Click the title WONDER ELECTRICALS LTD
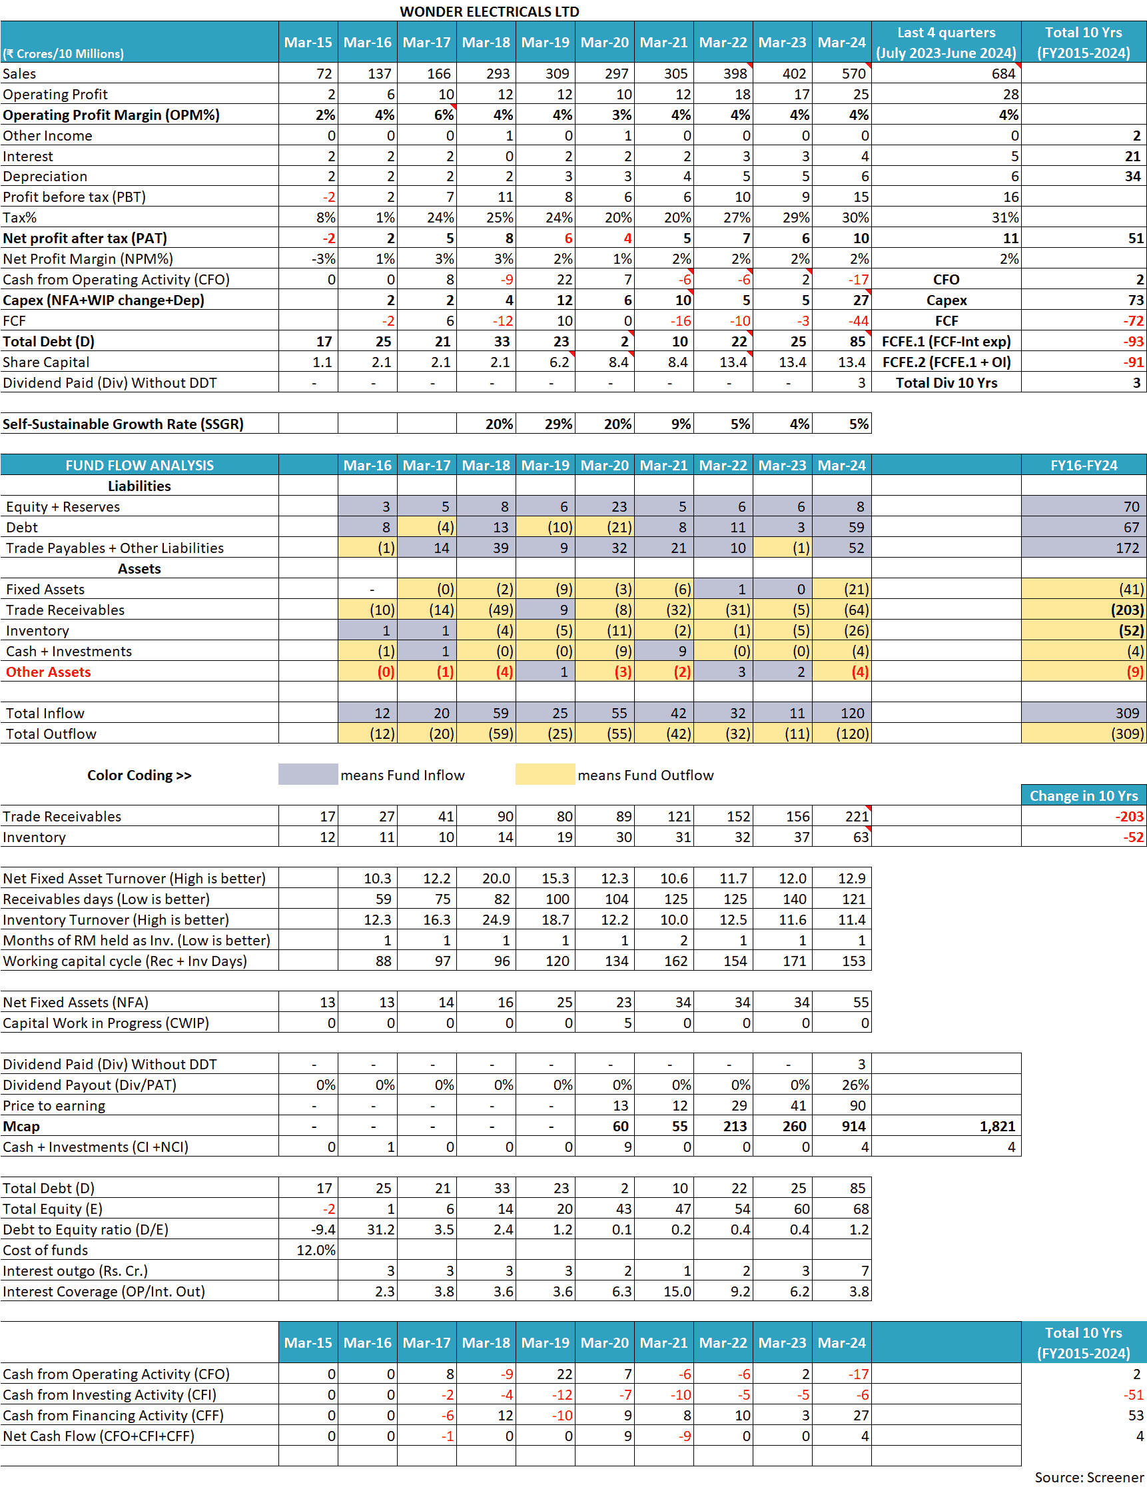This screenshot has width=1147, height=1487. click(489, 11)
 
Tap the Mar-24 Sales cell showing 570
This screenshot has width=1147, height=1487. click(854, 73)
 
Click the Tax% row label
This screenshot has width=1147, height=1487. click(20, 218)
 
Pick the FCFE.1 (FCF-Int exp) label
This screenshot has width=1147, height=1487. click(946, 342)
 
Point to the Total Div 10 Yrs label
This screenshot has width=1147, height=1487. click(946, 382)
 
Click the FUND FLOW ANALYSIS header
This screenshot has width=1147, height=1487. click(140, 466)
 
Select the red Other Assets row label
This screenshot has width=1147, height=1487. click(49, 672)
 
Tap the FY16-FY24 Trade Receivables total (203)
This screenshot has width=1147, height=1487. click(1126, 610)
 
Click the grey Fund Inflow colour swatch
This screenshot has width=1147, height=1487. click(308, 775)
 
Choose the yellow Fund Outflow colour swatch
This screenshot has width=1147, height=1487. click(545, 775)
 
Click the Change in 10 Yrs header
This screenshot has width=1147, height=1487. click(1083, 796)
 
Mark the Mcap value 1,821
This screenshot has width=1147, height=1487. click(997, 1126)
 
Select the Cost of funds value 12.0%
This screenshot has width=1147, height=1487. click(316, 1250)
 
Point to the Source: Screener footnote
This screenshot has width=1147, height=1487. click(1088, 1478)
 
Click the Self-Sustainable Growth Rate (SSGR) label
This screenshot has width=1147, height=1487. click(123, 424)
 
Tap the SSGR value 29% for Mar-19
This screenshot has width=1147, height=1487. click(558, 424)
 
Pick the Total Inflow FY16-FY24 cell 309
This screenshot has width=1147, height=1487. click(1126, 713)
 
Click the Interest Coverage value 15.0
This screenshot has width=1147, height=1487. click(677, 1292)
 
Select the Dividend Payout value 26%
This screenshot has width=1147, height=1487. click(855, 1085)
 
